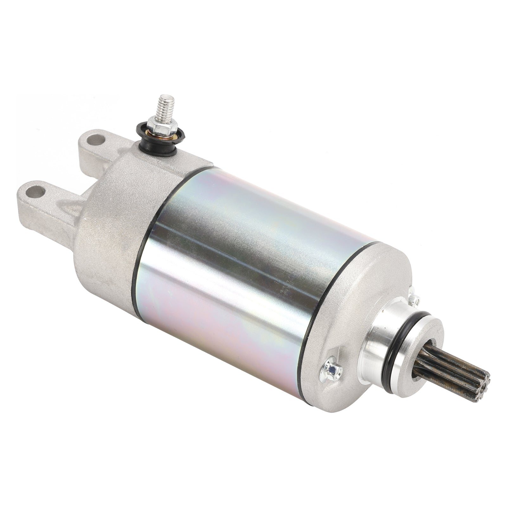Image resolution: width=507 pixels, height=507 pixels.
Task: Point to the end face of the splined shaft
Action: coord(481,388)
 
